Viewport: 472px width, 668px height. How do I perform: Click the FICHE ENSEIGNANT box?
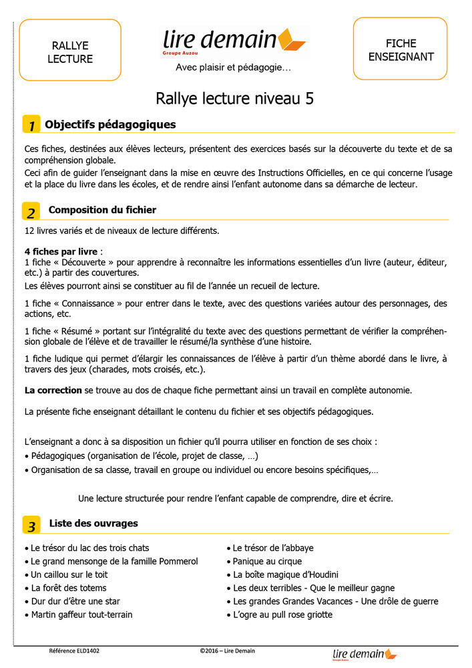401,50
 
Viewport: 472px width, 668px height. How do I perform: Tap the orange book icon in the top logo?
291,41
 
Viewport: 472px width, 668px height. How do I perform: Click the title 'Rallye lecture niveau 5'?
234,99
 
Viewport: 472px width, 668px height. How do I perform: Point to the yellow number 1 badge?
31,126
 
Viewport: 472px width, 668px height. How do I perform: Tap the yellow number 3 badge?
31,526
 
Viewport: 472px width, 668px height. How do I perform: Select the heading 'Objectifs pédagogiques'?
110,124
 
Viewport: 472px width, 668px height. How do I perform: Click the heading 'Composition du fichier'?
102,210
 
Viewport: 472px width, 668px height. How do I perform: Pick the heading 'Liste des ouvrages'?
93,523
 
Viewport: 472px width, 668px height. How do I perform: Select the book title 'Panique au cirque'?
267,561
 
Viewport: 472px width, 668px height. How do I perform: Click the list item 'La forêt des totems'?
69,588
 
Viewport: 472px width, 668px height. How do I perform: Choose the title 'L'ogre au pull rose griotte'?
282,615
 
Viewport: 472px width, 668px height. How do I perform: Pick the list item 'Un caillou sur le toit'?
69,574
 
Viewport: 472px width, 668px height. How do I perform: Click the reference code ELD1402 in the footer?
74,651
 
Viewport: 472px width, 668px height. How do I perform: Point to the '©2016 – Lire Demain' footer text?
227,651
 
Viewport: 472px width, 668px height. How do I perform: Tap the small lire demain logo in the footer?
365,654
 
